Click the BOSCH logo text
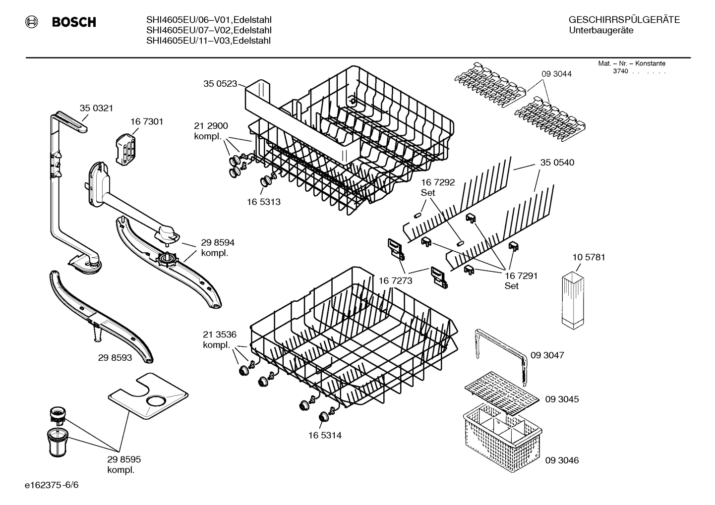click(73, 22)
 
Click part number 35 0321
click(96, 108)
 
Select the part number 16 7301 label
click(147, 121)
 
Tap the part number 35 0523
click(220, 84)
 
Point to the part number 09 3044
click(556, 74)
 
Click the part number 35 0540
click(557, 163)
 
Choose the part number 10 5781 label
click(589, 257)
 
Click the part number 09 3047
click(547, 355)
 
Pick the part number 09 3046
click(561, 460)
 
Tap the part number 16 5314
click(324, 436)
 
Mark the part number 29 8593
click(115, 357)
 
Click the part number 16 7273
click(395, 281)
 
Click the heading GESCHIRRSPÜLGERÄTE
click(624, 20)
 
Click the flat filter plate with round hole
click(148, 396)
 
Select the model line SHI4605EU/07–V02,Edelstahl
click(208, 30)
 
